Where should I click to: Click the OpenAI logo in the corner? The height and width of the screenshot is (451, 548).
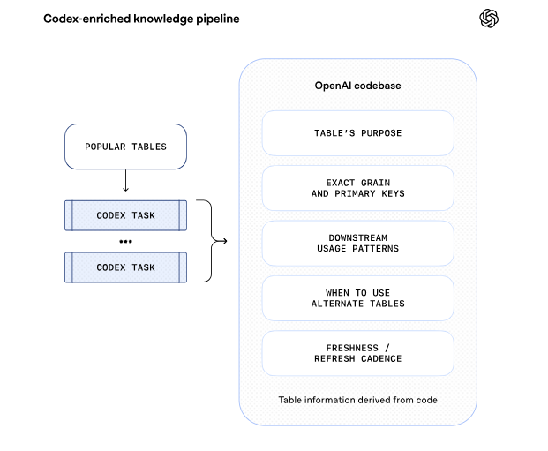click(489, 19)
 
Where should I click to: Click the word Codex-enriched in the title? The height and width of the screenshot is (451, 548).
click(87, 19)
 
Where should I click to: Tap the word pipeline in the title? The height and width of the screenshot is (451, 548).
click(218, 19)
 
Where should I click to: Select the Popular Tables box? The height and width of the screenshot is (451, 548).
click(125, 147)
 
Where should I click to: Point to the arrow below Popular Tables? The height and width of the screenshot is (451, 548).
click(125, 180)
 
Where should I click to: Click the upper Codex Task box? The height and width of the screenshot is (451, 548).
click(125, 215)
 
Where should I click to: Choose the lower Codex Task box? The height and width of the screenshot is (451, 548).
click(125, 267)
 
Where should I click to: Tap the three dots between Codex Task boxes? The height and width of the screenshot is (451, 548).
click(125, 242)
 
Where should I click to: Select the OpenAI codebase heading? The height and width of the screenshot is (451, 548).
click(358, 86)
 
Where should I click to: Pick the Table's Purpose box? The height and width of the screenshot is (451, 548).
click(358, 133)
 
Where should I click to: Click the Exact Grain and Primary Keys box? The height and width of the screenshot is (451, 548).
click(358, 188)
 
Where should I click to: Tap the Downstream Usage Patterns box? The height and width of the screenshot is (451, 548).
click(358, 244)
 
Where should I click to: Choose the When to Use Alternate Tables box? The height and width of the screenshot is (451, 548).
click(358, 298)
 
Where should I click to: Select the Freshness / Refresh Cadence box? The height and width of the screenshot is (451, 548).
click(358, 353)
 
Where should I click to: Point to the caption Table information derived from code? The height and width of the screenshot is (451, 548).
click(358, 400)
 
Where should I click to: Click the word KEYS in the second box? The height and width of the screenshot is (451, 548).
click(393, 193)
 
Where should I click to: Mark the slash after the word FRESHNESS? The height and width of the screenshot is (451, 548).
click(387, 348)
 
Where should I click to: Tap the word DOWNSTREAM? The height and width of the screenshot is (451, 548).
click(358, 237)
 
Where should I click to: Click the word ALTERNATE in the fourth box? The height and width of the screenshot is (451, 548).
click(337, 304)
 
